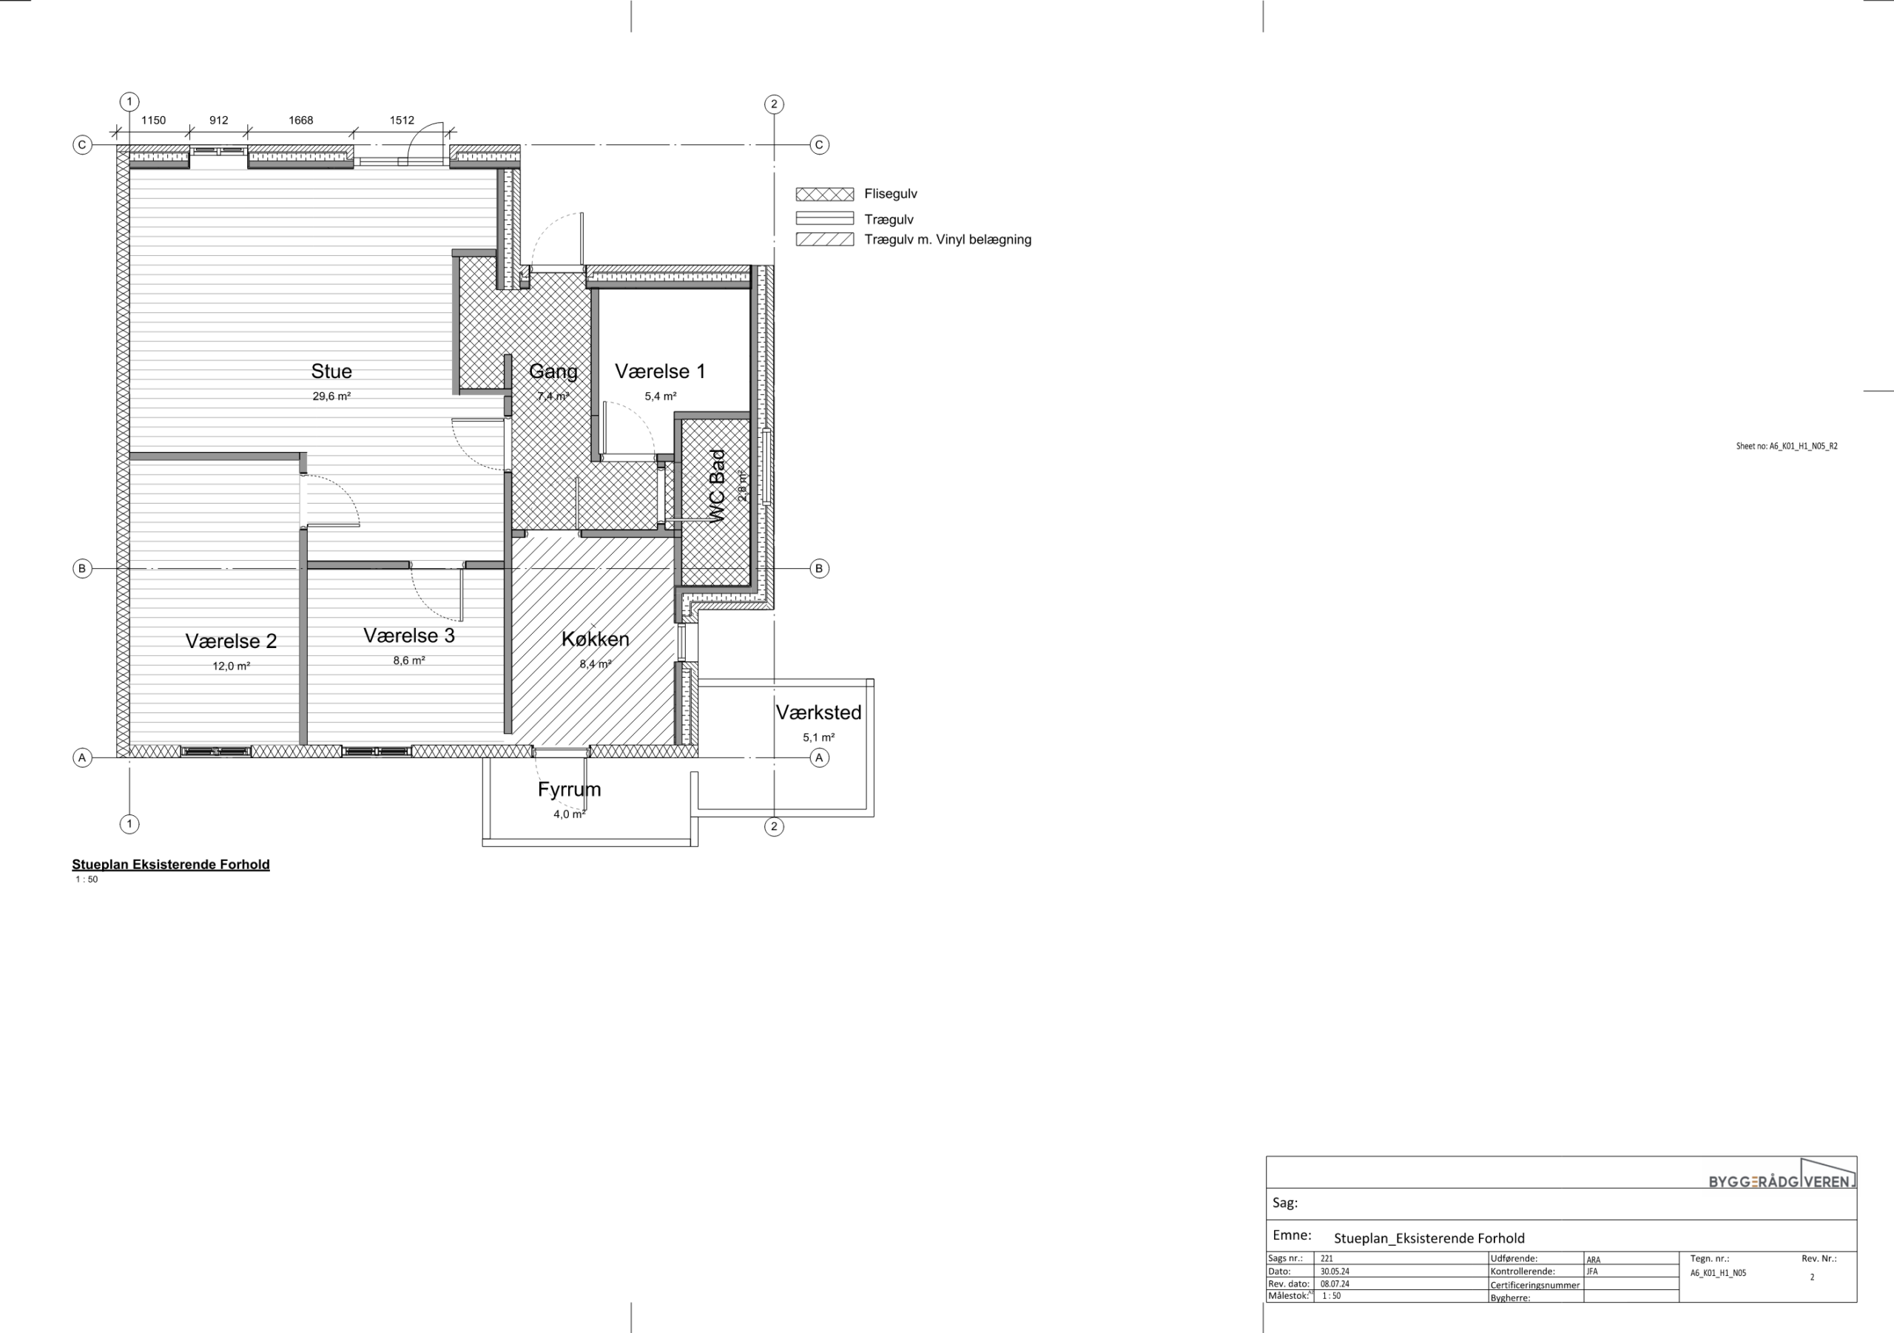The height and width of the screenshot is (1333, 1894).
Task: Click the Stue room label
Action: coord(331,371)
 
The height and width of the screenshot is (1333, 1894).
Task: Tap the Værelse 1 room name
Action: coord(660,371)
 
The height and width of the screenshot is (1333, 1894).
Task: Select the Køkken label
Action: coord(595,638)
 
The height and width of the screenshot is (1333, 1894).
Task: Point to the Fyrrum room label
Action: coord(569,789)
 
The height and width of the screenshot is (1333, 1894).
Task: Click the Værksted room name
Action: coord(818,712)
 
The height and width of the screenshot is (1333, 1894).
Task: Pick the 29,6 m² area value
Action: coord(331,396)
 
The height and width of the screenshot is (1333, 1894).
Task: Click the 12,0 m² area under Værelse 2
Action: coord(231,666)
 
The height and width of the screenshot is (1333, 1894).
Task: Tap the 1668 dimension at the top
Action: coord(300,121)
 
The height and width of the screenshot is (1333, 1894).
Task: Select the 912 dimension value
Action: coord(218,121)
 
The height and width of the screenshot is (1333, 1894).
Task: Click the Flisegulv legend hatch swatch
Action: coord(824,195)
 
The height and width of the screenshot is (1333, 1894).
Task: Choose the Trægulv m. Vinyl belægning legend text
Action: coord(948,239)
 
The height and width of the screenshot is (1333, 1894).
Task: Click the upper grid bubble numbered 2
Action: coord(774,104)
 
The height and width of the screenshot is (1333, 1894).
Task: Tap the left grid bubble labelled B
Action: coord(81,568)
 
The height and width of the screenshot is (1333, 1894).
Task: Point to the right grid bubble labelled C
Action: coord(819,144)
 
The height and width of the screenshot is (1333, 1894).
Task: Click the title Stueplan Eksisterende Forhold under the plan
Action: coord(171,865)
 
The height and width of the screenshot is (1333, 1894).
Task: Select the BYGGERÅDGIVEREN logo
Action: coord(1782,1175)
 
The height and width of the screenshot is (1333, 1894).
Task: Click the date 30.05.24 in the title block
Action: coord(1335,1271)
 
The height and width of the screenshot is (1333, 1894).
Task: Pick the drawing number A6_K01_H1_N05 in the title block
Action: coord(1719,1273)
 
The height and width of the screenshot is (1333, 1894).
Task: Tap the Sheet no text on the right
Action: coord(1787,446)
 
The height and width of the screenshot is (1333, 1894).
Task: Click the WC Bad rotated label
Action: coord(717,486)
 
